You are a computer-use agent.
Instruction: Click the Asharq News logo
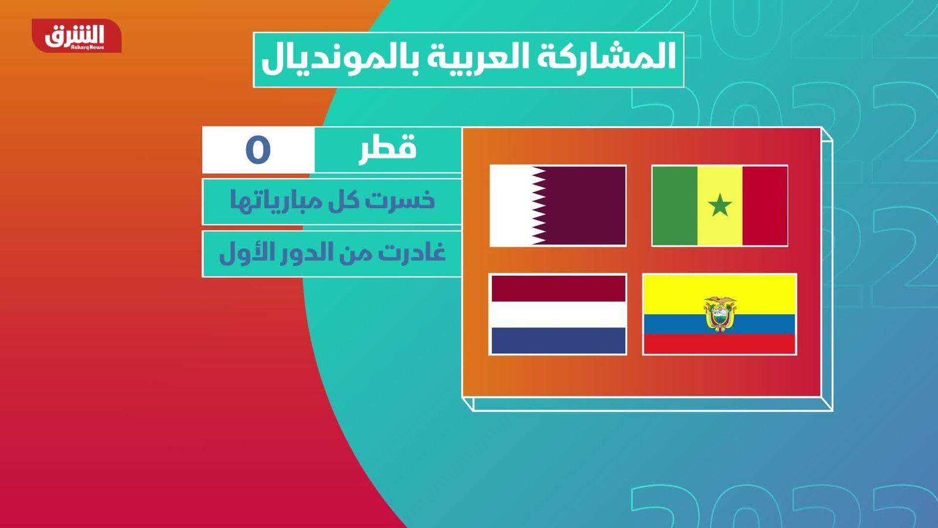click(x=77, y=36)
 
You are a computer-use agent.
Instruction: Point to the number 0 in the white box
click(x=258, y=150)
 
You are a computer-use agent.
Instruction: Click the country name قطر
click(x=388, y=149)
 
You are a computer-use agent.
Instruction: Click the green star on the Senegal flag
click(x=720, y=205)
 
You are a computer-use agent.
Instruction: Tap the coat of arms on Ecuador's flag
click(x=720, y=314)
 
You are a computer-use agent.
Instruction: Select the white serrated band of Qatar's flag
click(x=517, y=205)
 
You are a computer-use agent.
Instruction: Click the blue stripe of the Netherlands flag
click(x=558, y=341)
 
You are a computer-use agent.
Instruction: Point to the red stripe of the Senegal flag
click(x=764, y=205)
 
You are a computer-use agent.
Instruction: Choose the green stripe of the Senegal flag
click(x=675, y=205)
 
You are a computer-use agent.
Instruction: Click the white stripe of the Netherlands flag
click(x=558, y=314)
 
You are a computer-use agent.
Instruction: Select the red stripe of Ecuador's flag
click(x=719, y=344)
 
